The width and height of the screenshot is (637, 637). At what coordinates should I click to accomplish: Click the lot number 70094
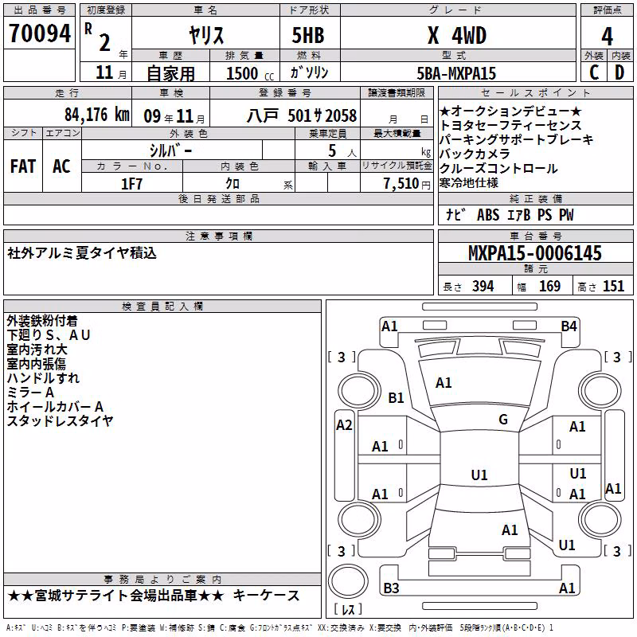tap(40, 33)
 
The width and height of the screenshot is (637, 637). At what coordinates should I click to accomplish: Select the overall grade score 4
tap(607, 37)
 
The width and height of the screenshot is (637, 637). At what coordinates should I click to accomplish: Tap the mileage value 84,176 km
tap(97, 115)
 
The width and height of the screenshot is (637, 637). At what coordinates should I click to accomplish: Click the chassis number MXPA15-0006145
tap(535, 253)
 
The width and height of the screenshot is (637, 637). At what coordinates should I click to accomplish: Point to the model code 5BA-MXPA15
tap(456, 73)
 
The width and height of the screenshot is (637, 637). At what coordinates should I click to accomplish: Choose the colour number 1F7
tap(131, 184)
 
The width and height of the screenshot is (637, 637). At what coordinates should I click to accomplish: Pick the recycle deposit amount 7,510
tap(401, 184)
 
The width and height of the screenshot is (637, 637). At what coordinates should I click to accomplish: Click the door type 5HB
tap(308, 35)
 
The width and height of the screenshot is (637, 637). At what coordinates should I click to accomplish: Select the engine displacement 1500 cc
tap(250, 73)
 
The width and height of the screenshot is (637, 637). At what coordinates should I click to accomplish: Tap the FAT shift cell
tap(23, 166)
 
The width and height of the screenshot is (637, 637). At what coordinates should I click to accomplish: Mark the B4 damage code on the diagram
tap(569, 326)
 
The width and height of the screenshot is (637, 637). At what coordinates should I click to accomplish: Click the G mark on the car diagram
tap(503, 420)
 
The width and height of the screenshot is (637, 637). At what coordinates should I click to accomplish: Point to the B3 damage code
tap(391, 588)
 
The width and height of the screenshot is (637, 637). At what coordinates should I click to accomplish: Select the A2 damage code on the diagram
tap(344, 425)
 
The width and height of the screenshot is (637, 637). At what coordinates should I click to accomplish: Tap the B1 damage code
tap(396, 397)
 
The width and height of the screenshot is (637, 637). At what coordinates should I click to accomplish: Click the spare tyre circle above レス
tap(348, 581)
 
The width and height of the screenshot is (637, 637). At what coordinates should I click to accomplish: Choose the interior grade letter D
tap(619, 72)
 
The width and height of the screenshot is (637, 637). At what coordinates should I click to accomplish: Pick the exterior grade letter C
tap(594, 72)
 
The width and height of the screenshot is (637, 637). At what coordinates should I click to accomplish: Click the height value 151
tap(613, 286)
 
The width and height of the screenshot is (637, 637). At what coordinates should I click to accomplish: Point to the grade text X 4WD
tap(457, 36)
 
